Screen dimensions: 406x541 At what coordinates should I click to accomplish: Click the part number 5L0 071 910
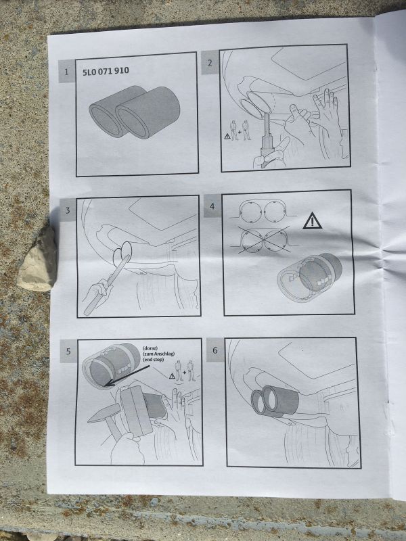106,72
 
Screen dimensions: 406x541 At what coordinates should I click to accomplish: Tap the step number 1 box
66,72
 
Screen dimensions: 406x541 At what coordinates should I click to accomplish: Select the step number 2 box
210,62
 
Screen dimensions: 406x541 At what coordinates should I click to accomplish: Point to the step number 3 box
68,210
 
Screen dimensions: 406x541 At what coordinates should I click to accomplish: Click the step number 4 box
212,206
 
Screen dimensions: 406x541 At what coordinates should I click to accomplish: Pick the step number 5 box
68,351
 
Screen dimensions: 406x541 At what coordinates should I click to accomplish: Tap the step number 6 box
215,350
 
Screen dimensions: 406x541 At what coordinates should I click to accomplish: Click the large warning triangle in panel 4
312,222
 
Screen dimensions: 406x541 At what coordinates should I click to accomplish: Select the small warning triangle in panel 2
227,137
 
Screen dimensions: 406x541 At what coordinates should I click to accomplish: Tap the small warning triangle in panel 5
172,376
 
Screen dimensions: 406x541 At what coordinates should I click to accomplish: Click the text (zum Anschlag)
158,354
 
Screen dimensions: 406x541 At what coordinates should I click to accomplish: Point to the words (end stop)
154,360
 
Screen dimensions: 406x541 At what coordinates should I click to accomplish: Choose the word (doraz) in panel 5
150,348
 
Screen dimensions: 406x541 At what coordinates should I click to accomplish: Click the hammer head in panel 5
104,413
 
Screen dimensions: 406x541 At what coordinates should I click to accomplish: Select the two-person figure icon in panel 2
240,131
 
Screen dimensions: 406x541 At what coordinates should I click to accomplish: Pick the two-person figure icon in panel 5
185,371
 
